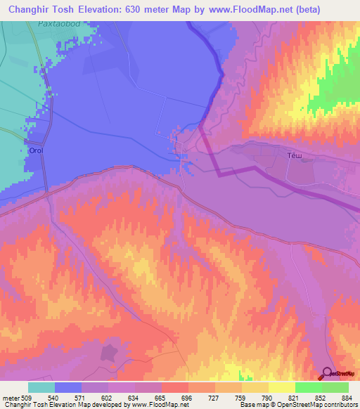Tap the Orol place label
(x=35, y=150)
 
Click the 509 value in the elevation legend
(x=29, y=397)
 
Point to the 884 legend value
(x=347, y=397)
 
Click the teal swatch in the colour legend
(x=41, y=387)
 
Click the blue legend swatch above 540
(x=68, y=387)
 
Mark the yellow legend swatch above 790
(x=255, y=387)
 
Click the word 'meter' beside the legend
(x=11, y=397)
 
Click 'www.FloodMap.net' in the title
(x=232, y=9)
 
